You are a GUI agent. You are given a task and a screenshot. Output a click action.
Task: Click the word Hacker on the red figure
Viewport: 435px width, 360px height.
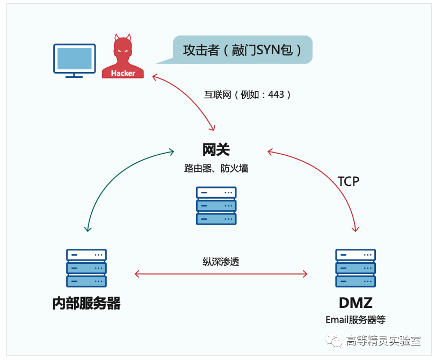(x=123, y=73)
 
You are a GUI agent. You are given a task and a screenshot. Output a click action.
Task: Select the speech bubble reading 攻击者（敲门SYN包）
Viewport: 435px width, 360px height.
(x=243, y=50)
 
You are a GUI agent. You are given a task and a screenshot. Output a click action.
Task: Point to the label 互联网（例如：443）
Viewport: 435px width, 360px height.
(x=248, y=95)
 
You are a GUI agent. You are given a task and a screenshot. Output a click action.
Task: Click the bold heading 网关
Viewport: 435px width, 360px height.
(x=216, y=149)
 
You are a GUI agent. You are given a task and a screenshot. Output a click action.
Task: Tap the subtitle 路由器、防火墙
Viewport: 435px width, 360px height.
(x=216, y=168)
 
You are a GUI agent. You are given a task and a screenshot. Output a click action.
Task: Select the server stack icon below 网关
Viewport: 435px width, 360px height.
(x=216, y=205)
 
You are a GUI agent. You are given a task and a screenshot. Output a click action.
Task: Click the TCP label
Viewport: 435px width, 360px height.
(x=348, y=182)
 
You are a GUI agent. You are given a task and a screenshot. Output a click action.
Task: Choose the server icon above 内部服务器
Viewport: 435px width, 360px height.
(x=86, y=268)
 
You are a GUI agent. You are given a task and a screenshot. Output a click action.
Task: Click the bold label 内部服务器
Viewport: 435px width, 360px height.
(x=86, y=303)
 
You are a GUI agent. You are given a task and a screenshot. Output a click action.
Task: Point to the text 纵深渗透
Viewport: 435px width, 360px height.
(x=221, y=262)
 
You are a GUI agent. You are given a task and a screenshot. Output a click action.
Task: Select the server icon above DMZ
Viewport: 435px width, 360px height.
(x=356, y=268)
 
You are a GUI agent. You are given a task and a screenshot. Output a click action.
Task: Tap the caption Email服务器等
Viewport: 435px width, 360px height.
(x=356, y=320)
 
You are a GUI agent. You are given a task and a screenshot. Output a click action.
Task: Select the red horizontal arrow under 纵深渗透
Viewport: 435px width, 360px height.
(x=221, y=274)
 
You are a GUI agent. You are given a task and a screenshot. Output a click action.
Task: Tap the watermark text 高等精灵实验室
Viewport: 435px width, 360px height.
(x=383, y=341)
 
